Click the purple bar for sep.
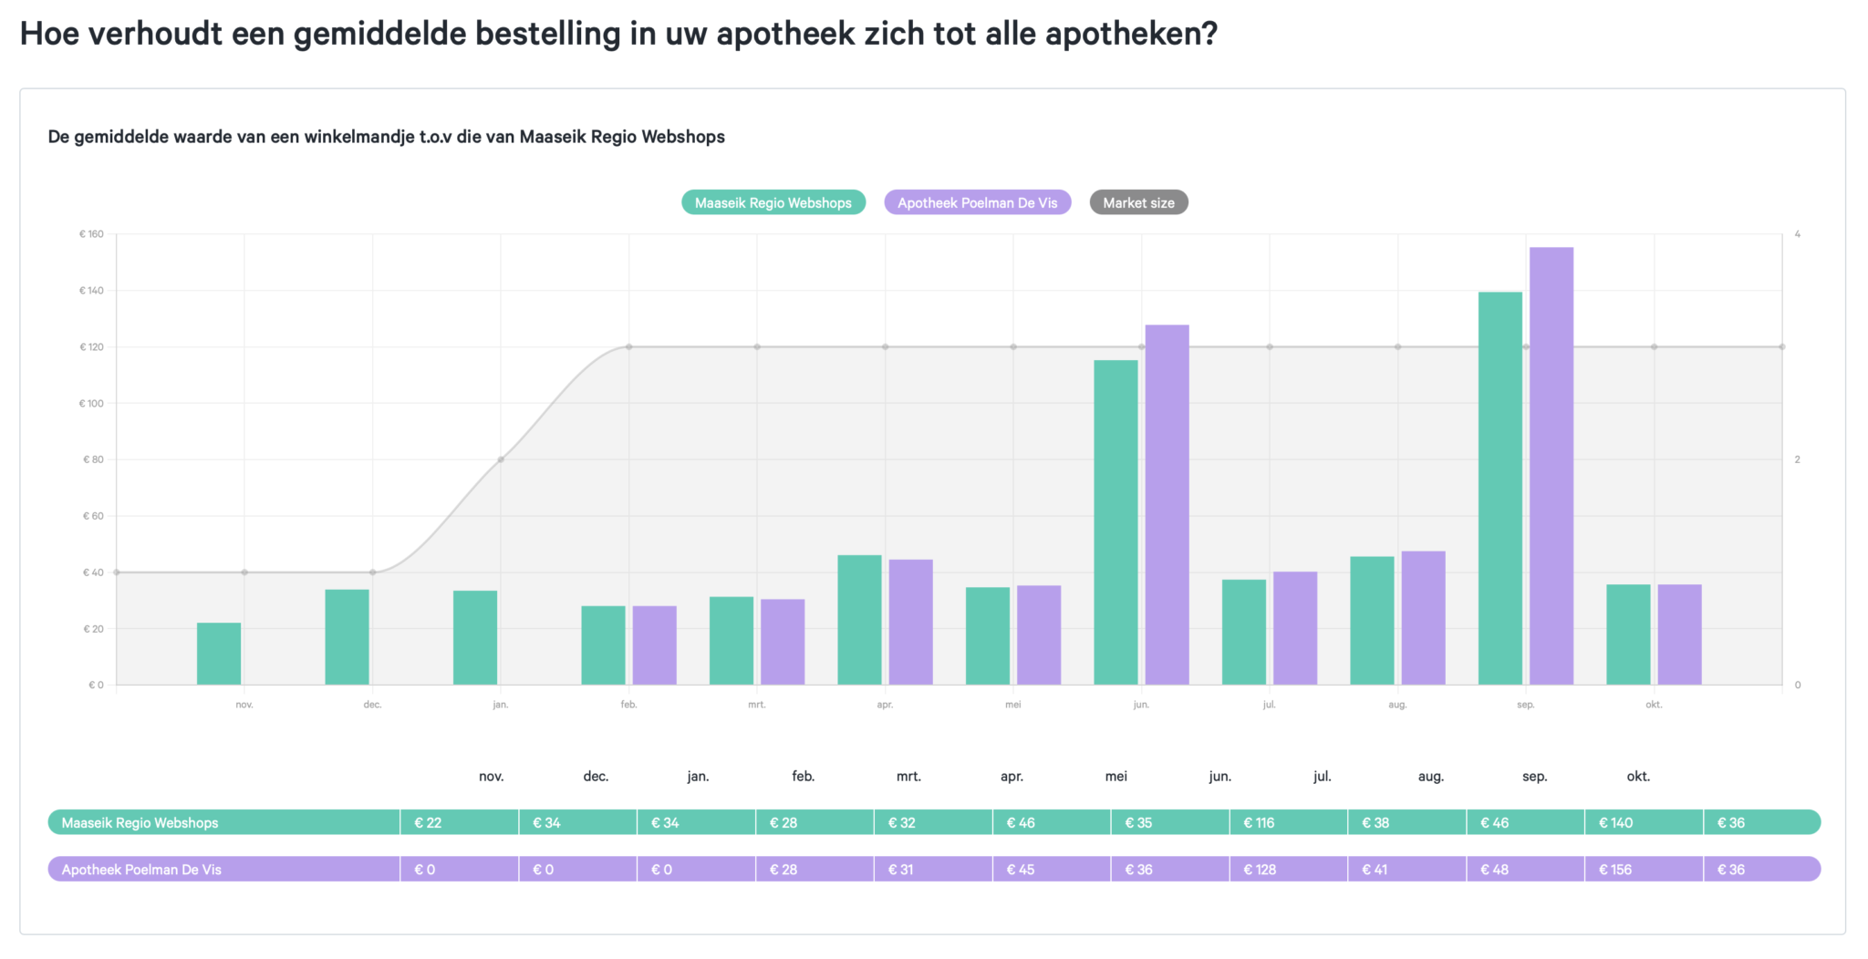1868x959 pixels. point(1551,465)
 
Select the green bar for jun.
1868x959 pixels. point(1116,522)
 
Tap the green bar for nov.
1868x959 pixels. point(219,654)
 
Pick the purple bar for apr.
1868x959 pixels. point(910,622)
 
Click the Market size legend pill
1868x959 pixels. point(1138,202)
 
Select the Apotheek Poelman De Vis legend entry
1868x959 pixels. point(977,202)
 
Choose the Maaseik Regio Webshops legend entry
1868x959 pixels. point(773,202)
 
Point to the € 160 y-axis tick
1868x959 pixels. point(91,234)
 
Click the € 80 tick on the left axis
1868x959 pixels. point(93,459)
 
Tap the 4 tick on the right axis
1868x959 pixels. point(1797,234)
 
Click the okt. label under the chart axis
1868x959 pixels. point(1653,705)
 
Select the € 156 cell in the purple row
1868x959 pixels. point(1614,870)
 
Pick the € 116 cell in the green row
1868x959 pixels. point(1259,822)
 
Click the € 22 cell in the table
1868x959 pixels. point(428,822)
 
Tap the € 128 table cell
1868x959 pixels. point(1260,870)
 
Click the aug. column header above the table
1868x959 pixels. point(1430,777)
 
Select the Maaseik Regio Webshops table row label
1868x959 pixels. point(140,822)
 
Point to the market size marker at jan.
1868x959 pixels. point(501,459)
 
